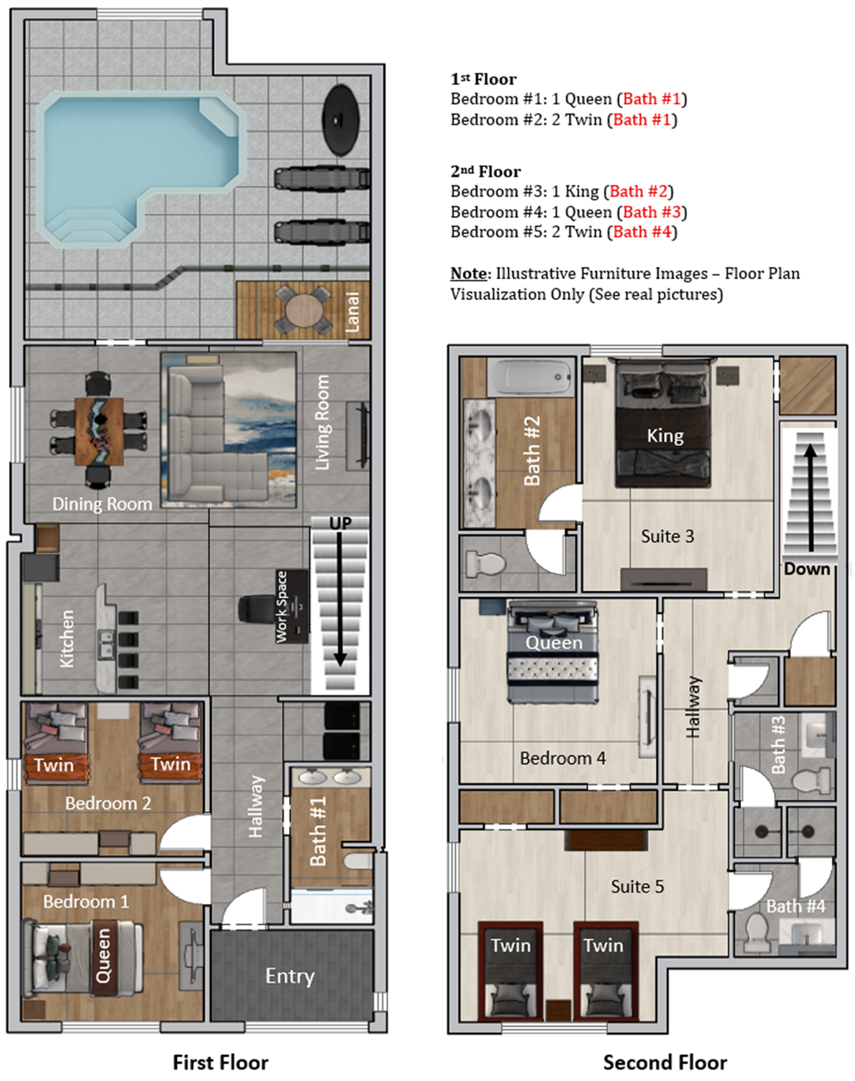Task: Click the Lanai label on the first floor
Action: [x=352, y=312]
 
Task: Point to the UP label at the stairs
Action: [x=340, y=524]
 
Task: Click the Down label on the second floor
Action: [x=806, y=569]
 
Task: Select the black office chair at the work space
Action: [x=255, y=609]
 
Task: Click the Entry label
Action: [x=290, y=976]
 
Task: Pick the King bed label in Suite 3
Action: [x=665, y=436]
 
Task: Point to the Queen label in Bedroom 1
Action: [x=103, y=956]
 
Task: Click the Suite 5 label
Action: [x=637, y=886]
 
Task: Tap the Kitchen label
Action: [x=67, y=639]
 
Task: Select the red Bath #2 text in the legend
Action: [x=638, y=191]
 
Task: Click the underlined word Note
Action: [x=468, y=273]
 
